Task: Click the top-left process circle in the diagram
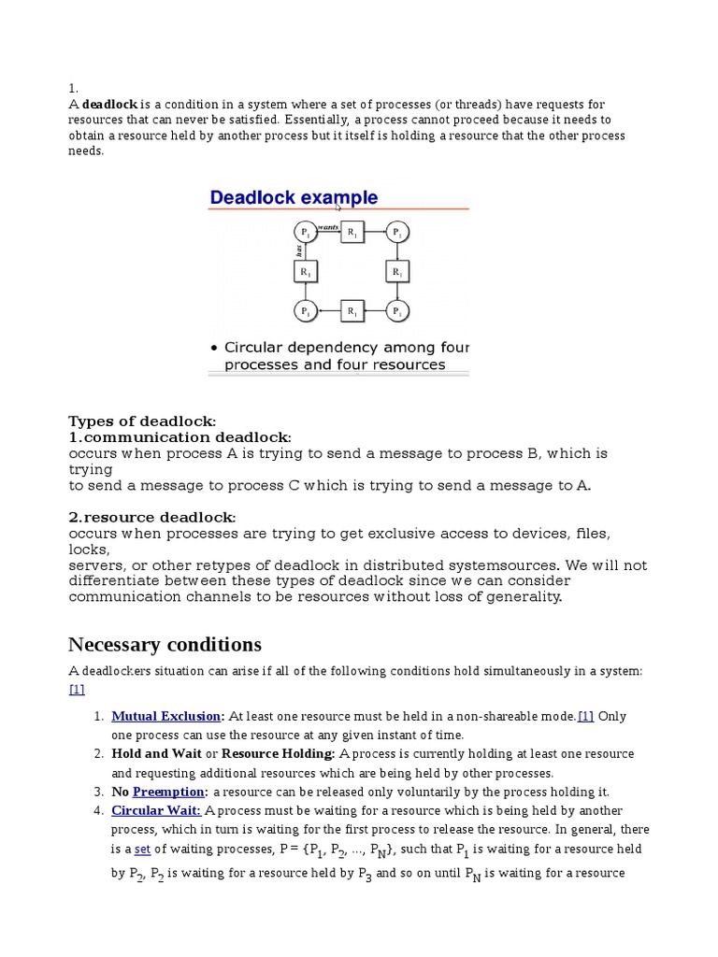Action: [305, 233]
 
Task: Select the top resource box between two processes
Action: [351, 233]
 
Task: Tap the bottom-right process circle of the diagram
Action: [396, 311]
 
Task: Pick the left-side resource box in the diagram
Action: [305, 272]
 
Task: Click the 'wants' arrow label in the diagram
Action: [327, 226]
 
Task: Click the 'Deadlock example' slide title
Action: [294, 197]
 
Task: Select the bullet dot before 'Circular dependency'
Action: [212, 348]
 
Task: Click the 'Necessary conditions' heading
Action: [165, 645]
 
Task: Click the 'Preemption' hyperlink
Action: [168, 792]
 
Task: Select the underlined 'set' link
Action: [142, 849]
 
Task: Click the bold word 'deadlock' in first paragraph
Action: [110, 104]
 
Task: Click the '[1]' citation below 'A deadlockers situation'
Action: [77, 690]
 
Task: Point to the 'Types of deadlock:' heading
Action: [142, 421]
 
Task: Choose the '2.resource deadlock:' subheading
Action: [152, 517]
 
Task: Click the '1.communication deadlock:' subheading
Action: [179, 437]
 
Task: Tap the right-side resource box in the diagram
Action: [396, 272]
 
